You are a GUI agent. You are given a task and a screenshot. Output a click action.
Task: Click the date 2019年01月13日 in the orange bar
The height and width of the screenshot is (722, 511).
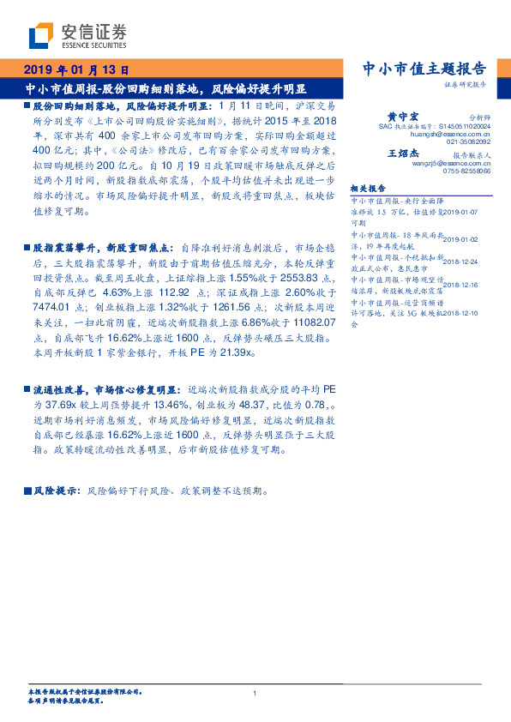point(75,70)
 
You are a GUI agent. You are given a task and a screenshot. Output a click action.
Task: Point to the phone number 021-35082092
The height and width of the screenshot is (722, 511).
point(468,142)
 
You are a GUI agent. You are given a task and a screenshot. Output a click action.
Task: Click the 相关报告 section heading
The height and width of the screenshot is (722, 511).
point(368,188)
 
